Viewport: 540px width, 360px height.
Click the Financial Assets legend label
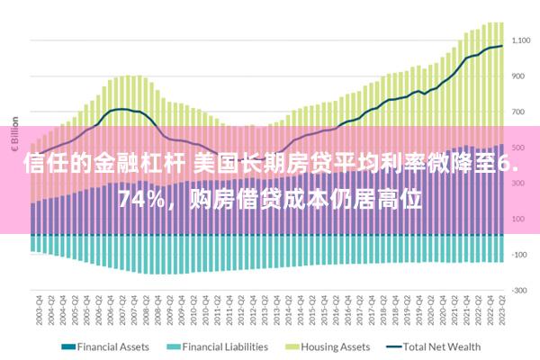pyautogui.click(x=113, y=346)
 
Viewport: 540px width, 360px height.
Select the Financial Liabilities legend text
pyautogui.click(x=225, y=346)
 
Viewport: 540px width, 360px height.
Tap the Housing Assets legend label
pyautogui.click(x=335, y=346)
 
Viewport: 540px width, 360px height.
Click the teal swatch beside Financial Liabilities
pyautogui.click(x=174, y=346)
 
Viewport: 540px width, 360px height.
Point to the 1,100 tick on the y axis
pyautogui.click(x=522, y=40)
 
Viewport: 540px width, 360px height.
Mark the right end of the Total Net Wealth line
pyautogui.click(x=501, y=46)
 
